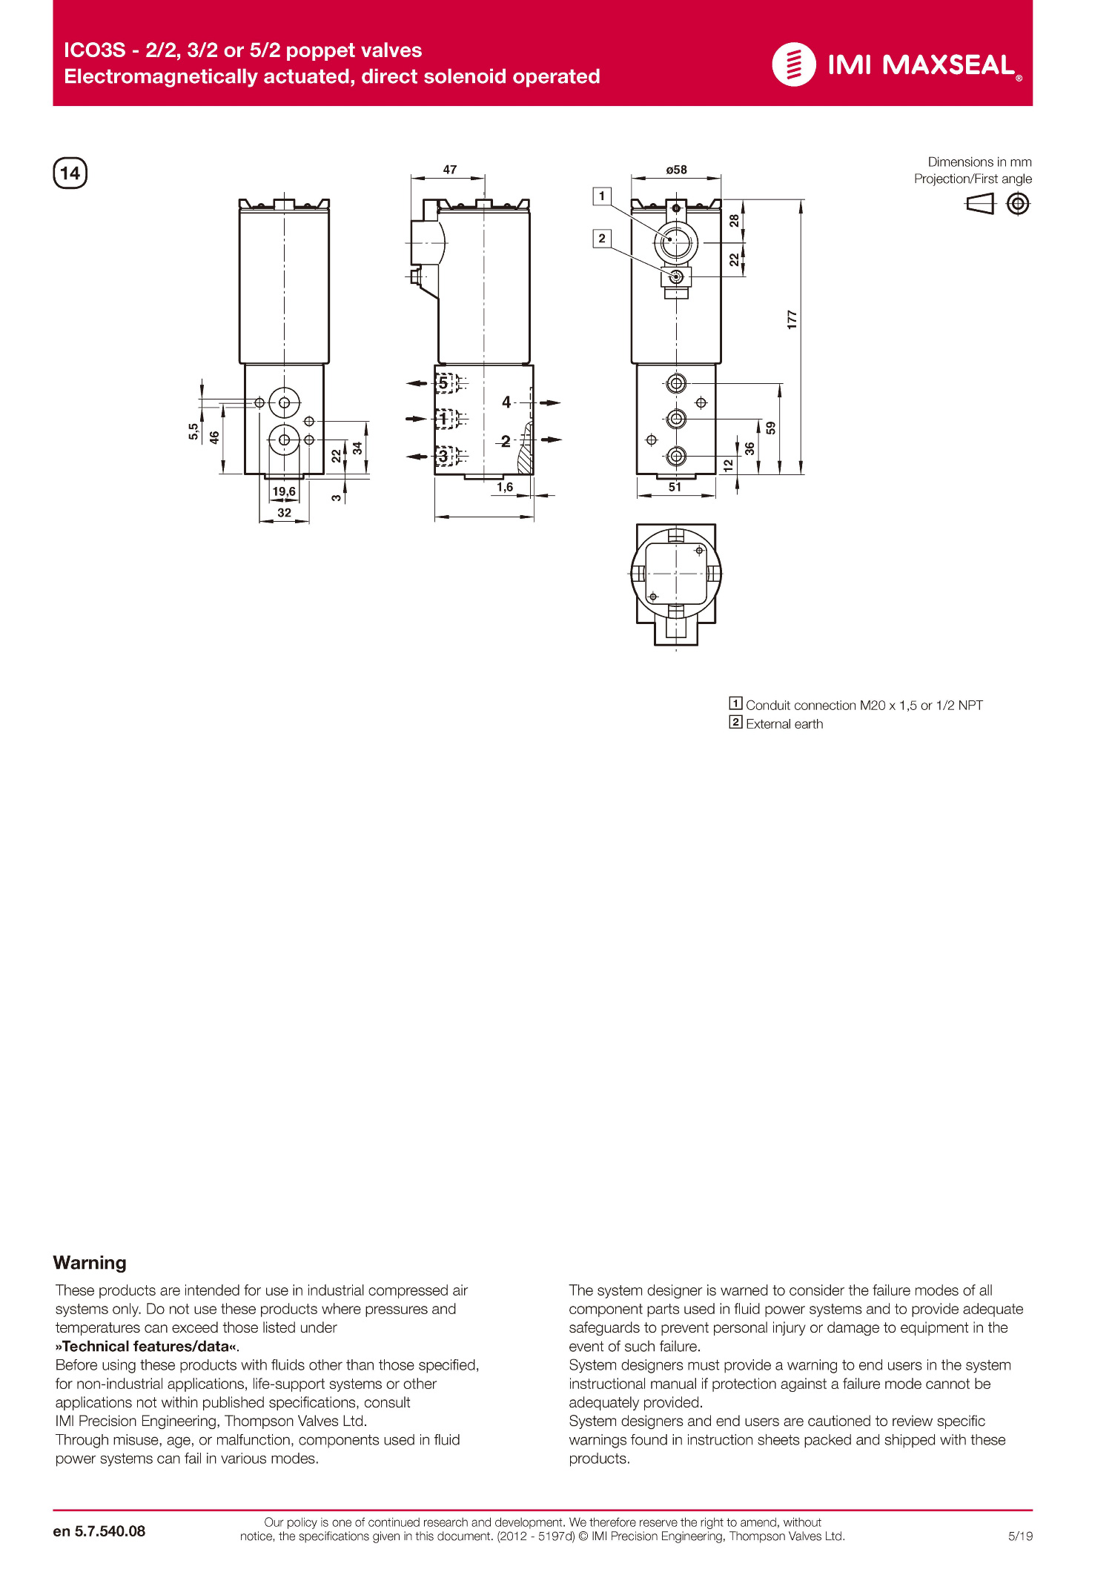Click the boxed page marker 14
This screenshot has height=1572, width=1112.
(70, 173)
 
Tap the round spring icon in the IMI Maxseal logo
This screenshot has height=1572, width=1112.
(793, 64)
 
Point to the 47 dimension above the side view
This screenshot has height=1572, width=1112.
(449, 170)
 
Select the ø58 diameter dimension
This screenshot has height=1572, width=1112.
(676, 170)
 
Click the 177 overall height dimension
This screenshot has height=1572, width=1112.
(792, 319)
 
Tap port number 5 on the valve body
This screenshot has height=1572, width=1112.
(443, 383)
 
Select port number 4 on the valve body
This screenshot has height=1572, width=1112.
(506, 402)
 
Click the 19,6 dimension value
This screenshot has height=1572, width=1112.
(284, 491)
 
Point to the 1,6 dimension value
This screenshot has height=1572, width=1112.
(505, 487)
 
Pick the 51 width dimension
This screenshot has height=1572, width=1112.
(675, 487)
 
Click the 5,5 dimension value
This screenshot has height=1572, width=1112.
(193, 431)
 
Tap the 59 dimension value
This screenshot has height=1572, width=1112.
(771, 428)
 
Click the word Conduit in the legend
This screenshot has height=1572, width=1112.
(768, 706)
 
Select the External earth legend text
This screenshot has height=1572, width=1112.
(784, 724)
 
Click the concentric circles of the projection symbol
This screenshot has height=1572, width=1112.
(1018, 203)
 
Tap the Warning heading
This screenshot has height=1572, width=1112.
(90, 1262)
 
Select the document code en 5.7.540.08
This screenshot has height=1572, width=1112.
(99, 1531)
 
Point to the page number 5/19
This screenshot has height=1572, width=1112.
(1020, 1536)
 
